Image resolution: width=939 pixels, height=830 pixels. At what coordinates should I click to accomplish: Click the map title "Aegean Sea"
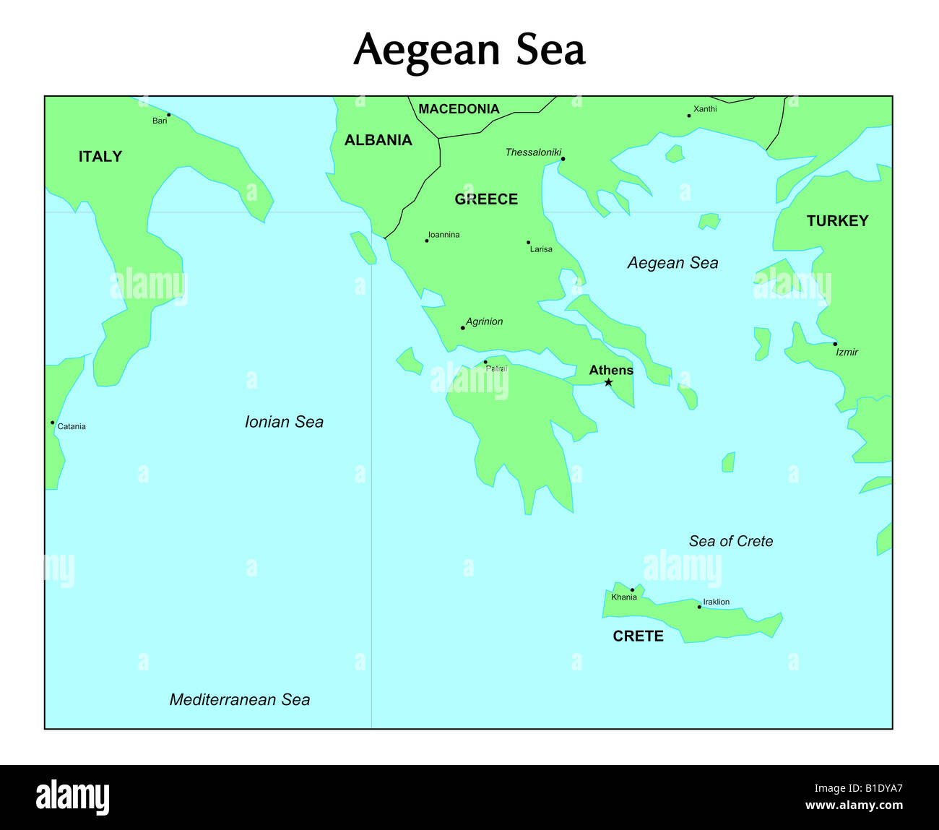click(469, 51)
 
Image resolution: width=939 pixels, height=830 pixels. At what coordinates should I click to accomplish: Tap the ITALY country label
click(100, 157)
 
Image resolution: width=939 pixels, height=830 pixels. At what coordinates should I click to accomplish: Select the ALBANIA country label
click(378, 140)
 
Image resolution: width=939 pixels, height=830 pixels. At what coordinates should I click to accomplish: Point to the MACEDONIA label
click(459, 109)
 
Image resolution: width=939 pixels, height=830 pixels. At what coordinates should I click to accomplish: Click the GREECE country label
click(486, 199)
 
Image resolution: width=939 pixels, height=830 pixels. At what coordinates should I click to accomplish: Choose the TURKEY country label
click(837, 221)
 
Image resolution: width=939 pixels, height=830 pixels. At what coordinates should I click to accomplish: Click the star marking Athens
click(608, 382)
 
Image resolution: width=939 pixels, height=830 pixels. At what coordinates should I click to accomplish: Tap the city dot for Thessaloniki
click(563, 159)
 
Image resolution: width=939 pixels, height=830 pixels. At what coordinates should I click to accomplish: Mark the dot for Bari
click(168, 115)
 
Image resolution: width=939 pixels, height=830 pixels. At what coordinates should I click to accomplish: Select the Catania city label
click(72, 426)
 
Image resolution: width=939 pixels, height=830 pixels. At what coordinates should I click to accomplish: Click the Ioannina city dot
click(426, 241)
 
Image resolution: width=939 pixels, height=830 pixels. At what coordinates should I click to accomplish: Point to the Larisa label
click(541, 249)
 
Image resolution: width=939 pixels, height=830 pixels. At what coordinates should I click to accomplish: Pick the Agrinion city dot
click(463, 328)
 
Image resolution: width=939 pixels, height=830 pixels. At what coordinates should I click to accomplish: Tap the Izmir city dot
click(835, 344)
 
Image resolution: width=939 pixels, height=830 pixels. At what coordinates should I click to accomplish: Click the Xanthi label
click(705, 109)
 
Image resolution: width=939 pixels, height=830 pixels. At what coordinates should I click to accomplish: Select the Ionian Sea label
click(284, 422)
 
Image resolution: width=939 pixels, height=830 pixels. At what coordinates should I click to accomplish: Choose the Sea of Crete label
click(731, 541)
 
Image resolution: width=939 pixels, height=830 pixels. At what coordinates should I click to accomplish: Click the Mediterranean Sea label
click(240, 699)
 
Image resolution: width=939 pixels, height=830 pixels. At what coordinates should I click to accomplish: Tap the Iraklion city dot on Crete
click(699, 607)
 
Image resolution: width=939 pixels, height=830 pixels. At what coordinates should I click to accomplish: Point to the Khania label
click(624, 597)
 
